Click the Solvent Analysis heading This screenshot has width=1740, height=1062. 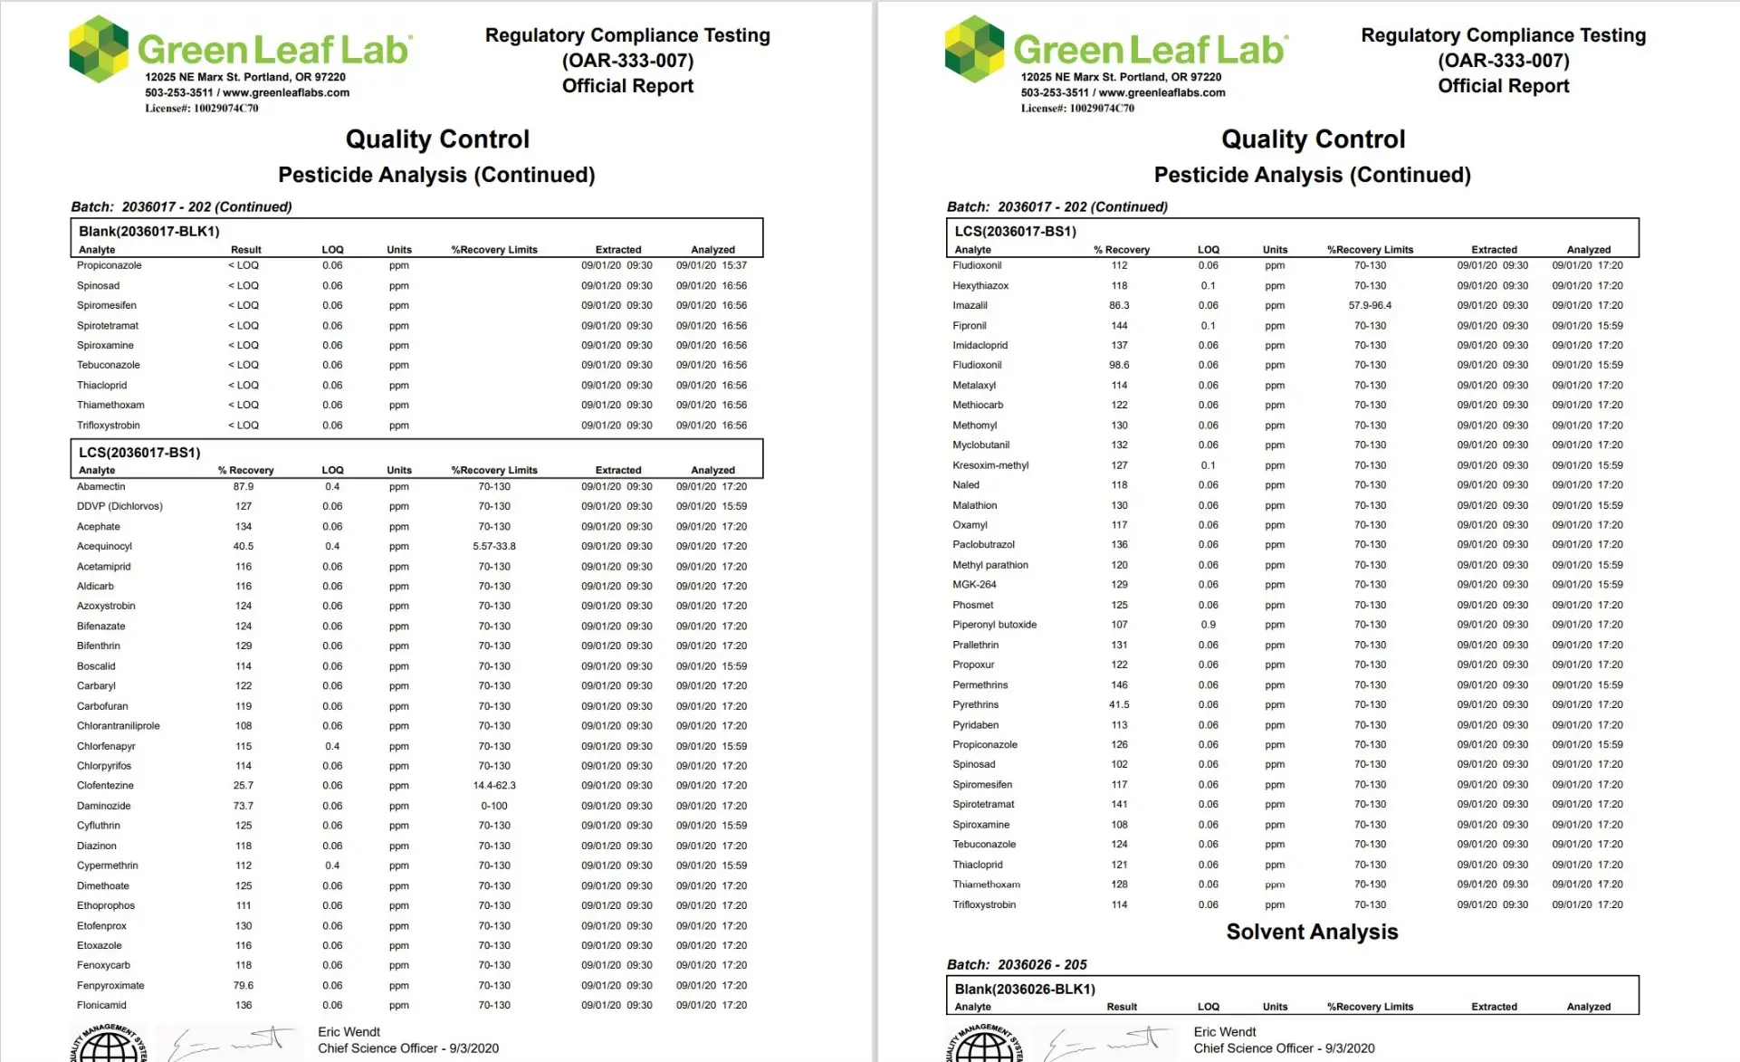1311,932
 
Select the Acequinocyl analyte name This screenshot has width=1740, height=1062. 104,546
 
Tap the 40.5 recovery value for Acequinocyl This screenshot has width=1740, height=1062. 243,546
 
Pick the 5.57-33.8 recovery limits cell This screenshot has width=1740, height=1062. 493,546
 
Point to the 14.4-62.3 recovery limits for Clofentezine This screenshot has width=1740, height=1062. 493,785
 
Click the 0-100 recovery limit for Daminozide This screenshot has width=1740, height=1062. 493,806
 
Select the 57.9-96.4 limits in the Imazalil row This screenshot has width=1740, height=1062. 1369,305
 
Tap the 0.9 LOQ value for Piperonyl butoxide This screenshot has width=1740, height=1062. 1208,625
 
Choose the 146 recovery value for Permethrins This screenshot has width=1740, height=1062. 1119,684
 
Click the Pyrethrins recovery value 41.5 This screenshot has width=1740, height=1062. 1119,704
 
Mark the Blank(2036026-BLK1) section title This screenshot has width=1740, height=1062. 1025,989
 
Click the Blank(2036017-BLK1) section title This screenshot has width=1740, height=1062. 148,231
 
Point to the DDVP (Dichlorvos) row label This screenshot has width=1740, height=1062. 120,506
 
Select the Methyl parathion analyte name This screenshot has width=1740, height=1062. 990,565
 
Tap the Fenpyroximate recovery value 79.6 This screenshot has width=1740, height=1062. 243,985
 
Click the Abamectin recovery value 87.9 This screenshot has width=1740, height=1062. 243,486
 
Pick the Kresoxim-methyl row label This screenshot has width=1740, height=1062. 990,465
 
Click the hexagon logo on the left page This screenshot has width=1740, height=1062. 99,49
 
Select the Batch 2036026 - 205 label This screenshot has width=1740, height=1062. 1016,964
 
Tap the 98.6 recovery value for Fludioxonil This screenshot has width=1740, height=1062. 1119,365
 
